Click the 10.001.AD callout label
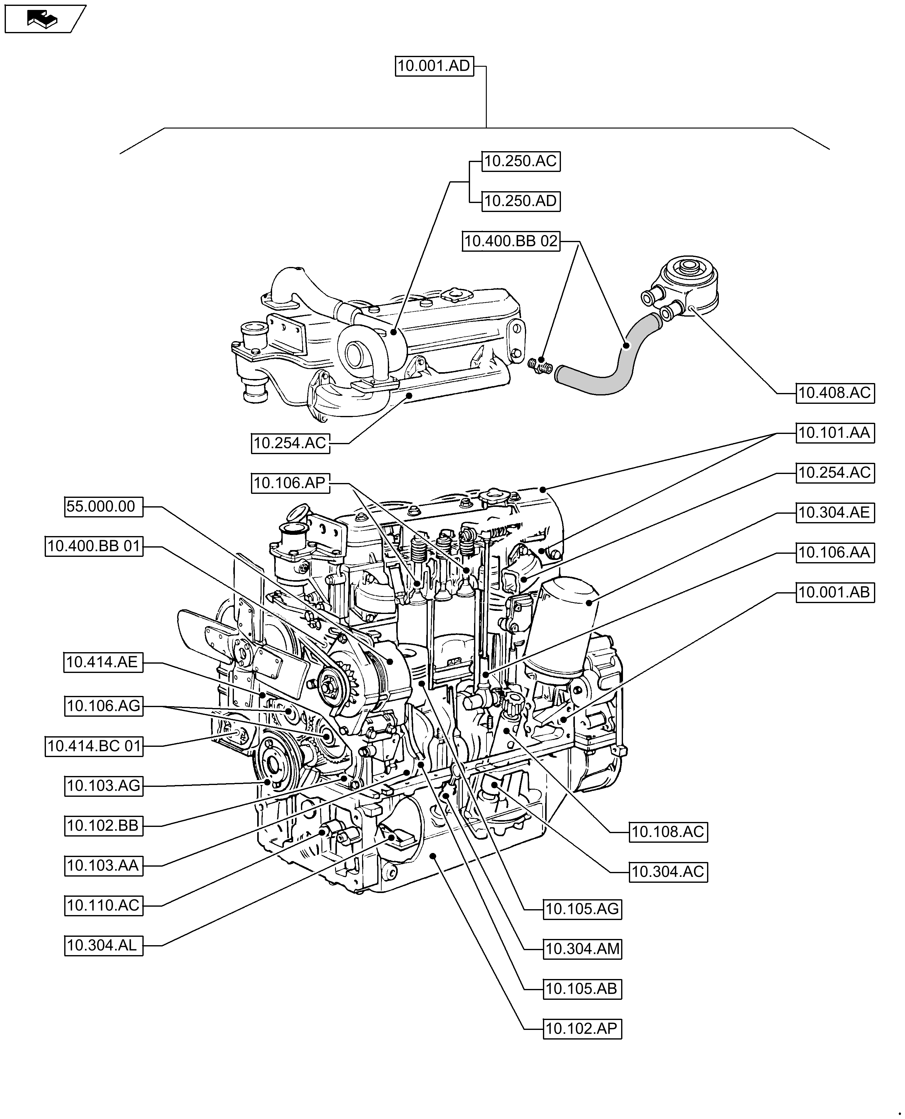click(434, 66)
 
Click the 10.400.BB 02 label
click(511, 241)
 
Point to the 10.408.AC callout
click(835, 393)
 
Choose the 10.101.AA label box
click(835, 433)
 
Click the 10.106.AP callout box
click(290, 483)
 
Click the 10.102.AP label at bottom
click(582, 1029)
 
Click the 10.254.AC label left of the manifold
click(290, 443)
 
